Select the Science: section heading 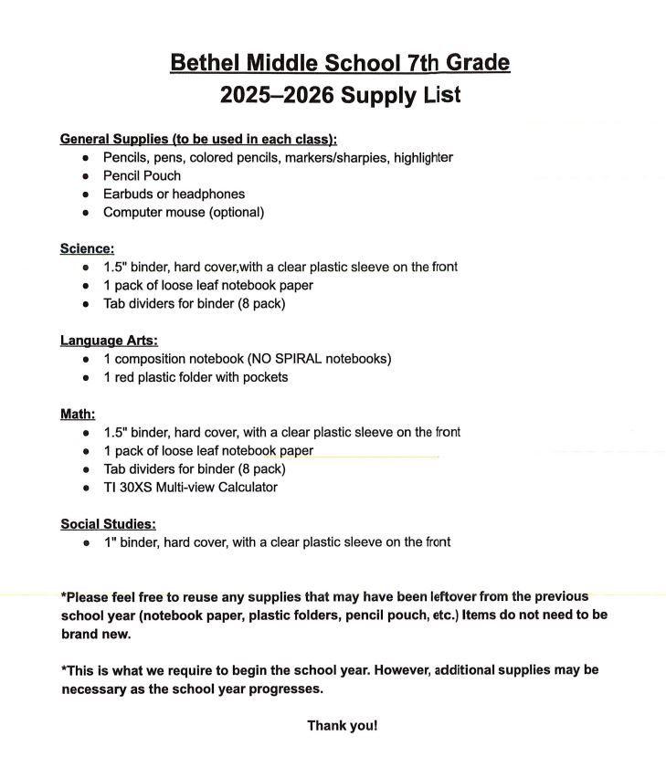87,248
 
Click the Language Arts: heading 109,341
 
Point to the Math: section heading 78,414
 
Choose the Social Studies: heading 108,524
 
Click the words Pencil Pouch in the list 142,175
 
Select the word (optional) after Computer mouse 235,212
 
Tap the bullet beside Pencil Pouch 85,176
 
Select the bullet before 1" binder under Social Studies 85,543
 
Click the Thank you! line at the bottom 342,726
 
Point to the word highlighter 423,157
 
